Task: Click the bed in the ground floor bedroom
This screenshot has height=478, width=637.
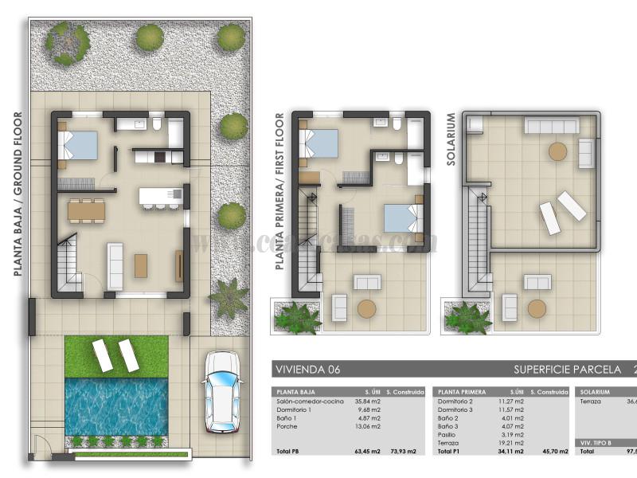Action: coord(80,146)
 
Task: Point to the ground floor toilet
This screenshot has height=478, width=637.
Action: coord(157,126)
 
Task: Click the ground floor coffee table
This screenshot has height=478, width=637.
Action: coord(141,265)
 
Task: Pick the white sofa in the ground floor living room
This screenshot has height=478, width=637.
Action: coord(115,266)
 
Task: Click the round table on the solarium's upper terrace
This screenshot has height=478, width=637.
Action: coord(557,151)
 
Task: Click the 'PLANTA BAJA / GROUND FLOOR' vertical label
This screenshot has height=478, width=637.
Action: coord(18,194)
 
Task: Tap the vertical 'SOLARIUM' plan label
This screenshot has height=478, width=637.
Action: coord(451,139)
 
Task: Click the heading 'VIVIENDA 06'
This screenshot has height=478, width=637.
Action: coord(307,370)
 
